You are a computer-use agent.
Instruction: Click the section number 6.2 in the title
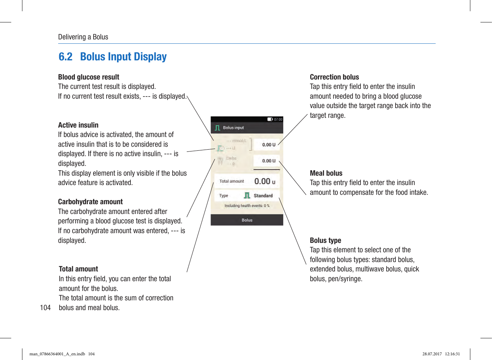point(65,57)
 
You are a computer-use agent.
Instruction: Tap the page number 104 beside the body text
point(45,308)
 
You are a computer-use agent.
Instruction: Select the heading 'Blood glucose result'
point(89,77)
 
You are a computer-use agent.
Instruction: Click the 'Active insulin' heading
point(78,125)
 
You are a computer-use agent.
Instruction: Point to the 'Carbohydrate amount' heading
point(90,202)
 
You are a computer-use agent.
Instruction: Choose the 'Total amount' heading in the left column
point(78,269)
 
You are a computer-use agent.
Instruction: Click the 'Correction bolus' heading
point(334,77)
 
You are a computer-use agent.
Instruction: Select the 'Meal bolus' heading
point(326,173)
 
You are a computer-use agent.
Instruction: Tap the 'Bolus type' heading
point(325,240)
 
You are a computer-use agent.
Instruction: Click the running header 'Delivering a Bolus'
point(83,37)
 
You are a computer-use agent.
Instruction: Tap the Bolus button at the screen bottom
point(247,220)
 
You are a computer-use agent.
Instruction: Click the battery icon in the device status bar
point(270,119)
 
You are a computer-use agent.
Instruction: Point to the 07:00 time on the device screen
point(278,119)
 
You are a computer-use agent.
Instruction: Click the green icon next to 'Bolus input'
point(217,128)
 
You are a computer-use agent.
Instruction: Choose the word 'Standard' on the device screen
point(263,196)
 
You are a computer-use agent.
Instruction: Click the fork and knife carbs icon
point(220,161)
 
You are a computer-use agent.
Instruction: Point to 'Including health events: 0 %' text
point(247,206)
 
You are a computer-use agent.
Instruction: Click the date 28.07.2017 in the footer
point(432,354)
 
